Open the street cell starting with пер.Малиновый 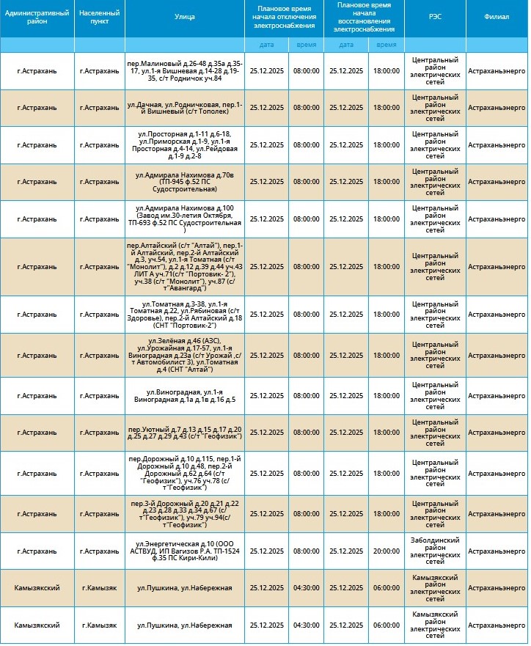pos(185,71)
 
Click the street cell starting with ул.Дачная pos(185,108)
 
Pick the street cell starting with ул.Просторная pos(185,145)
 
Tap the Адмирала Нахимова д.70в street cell pos(185,182)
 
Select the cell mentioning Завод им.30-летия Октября pos(185,219)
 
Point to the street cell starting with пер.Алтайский pos(185,267)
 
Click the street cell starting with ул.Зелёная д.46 pos(185,355)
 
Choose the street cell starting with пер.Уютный pos(185,433)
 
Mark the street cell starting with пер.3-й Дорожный pos(185,514)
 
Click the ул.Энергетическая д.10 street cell pos(185,551)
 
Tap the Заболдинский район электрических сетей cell pos(435,551)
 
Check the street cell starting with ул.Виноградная pos(185,396)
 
